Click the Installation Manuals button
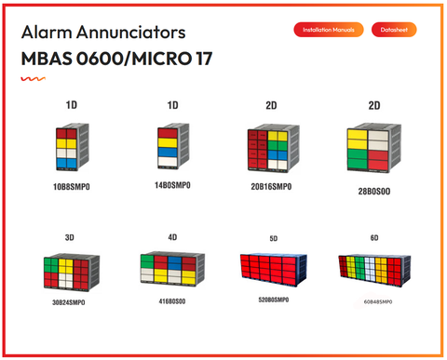click(329, 30)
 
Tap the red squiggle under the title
click(34, 79)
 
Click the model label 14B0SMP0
click(172, 187)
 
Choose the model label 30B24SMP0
click(70, 302)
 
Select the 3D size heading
click(70, 237)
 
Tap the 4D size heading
click(172, 237)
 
